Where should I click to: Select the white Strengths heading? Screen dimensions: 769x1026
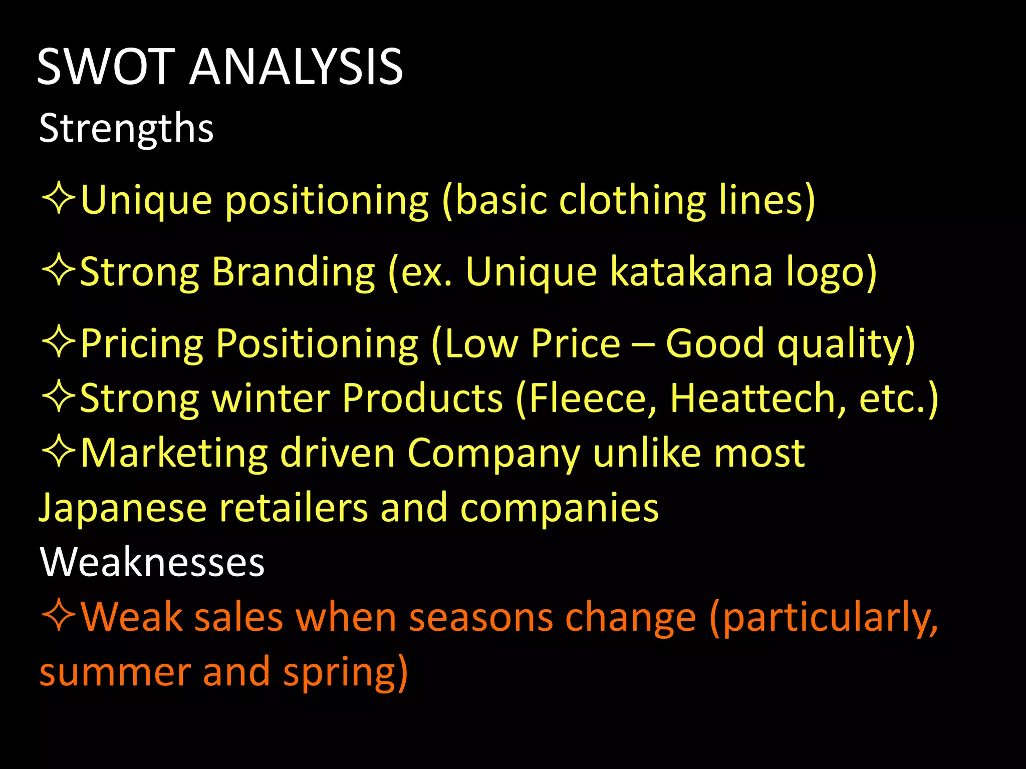tap(126, 128)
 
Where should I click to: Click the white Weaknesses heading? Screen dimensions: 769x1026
tap(152, 562)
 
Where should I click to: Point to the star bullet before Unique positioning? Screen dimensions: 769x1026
tap(59, 199)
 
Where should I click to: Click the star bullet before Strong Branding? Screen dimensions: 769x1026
tap(59, 271)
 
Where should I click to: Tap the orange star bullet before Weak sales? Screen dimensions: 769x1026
tap(59, 616)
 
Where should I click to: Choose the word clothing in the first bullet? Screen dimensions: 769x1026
tap(632, 200)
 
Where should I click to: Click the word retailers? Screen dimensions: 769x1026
tap(294, 508)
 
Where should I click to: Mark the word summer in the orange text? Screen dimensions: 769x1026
tap(115, 672)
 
